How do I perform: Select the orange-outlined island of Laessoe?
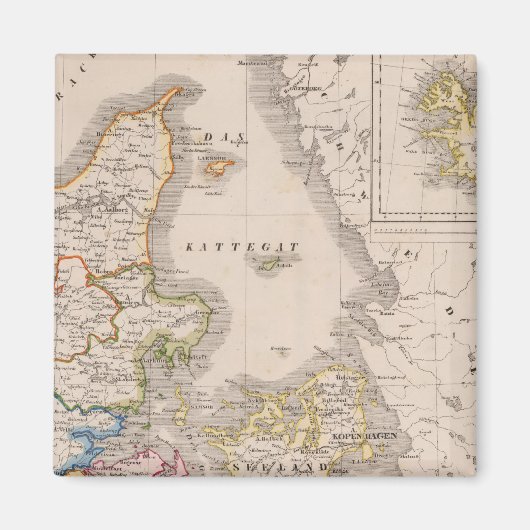coord(215,169)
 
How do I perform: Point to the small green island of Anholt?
coord(268,264)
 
